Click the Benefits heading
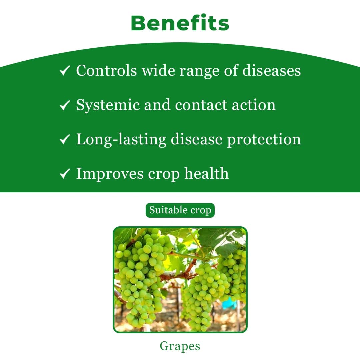point(180,23)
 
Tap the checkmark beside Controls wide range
point(64,71)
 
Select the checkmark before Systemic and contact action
point(64,105)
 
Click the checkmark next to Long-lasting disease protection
point(64,140)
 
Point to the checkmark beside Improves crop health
point(64,174)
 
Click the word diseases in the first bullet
point(271,71)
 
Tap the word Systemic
point(107,105)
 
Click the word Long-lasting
point(121,140)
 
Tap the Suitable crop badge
point(180,210)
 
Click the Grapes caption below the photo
point(180,346)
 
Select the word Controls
point(106,71)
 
